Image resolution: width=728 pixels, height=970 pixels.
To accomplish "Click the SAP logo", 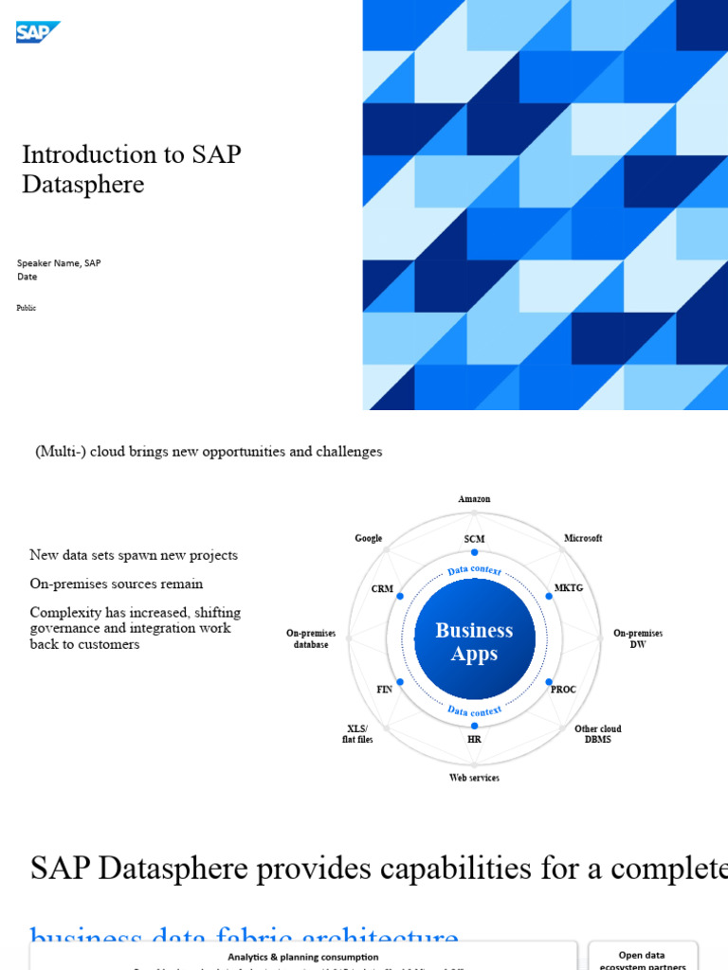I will (37, 32).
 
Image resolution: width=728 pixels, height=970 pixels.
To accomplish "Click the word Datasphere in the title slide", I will (83, 185).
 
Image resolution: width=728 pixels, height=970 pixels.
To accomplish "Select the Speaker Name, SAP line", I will (59, 263).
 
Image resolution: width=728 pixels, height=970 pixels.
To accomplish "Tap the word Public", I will (27, 308).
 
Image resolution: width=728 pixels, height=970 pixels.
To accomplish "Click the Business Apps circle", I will (474, 641).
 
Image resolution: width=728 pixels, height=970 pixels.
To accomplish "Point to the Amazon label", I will (474, 499).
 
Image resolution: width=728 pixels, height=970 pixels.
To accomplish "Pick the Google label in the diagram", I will (369, 538).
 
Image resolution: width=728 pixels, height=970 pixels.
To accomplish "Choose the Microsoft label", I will (583, 538).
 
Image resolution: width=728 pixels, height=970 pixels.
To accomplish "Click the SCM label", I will (474, 539).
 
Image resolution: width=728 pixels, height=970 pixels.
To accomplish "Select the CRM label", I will (382, 588).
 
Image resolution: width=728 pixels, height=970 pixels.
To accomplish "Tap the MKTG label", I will (568, 588).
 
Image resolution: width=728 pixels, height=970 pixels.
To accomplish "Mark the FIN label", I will (384, 690).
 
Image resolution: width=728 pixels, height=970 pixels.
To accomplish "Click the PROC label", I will (563, 690).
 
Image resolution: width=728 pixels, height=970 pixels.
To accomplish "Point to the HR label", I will (474, 739).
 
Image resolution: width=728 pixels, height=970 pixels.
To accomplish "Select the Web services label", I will (474, 778).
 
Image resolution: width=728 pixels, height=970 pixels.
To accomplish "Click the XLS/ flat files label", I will (357, 734).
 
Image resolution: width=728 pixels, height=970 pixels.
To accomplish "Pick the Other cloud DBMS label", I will (597, 734).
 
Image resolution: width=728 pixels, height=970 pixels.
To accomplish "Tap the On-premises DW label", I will (638, 638).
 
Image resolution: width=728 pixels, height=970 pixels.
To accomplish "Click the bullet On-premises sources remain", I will (117, 584).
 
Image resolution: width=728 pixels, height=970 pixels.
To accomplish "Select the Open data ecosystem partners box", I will (643, 959).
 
